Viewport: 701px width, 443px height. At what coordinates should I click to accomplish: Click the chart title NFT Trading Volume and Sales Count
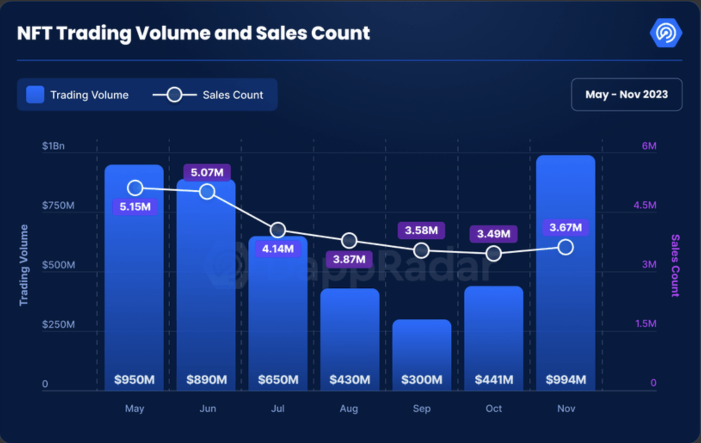193,33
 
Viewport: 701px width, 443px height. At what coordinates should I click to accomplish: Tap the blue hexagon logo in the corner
665,33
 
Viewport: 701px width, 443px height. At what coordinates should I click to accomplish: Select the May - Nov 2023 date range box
626,95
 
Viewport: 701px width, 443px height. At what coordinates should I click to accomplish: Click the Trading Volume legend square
35,95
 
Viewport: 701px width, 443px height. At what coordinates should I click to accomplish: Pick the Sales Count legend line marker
174,95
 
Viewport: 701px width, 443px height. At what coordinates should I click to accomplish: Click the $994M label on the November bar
566,380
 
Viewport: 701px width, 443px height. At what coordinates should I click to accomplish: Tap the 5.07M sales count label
207,172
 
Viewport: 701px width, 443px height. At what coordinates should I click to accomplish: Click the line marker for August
349,240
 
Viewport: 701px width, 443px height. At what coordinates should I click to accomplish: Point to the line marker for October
493,253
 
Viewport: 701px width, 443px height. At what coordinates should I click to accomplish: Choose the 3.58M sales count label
421,230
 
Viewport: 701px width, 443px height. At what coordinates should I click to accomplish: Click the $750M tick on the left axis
58,205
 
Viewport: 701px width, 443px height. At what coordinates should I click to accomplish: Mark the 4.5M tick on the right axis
645,205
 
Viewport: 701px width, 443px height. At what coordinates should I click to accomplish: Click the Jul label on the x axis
278,409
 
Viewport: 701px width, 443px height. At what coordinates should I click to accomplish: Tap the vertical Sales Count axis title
675,265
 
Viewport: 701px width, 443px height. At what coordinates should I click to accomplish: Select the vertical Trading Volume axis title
24,265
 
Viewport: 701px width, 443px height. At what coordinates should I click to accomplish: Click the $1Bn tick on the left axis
53,146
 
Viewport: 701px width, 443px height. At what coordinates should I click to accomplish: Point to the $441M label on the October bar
494,380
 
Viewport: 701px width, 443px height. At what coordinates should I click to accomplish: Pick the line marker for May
135,188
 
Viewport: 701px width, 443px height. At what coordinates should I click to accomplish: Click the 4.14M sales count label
278,249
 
